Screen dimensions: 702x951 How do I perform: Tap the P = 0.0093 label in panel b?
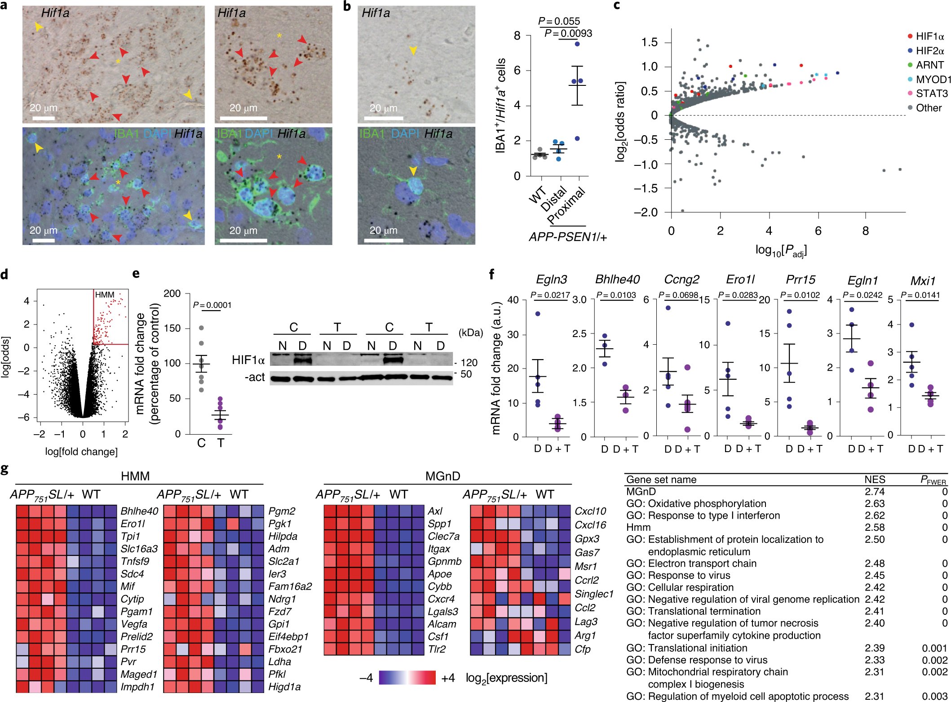[568, 33]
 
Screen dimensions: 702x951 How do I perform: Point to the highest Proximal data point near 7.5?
[577, 44]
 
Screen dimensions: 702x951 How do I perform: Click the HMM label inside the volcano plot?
[105, 295]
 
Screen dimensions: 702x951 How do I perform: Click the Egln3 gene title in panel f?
[551, 280]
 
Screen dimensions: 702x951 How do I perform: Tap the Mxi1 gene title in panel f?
[922, 281]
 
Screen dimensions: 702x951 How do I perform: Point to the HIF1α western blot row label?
[248, 360]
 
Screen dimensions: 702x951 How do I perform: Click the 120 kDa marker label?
[469, 362]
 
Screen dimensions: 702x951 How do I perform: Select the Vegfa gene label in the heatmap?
[134, 624]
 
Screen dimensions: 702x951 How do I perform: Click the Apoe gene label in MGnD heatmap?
[440, 574]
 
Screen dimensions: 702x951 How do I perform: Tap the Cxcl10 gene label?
[590, 511]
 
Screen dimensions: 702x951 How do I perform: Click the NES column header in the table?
[874, 480]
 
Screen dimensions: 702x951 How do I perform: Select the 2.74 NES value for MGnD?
[874, 492]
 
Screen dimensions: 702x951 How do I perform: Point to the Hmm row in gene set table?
[638, 527]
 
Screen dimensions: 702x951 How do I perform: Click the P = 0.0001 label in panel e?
[212, 305]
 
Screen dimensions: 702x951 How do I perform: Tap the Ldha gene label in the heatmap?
[279, 662]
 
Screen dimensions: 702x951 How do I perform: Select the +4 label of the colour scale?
[448, 678]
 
